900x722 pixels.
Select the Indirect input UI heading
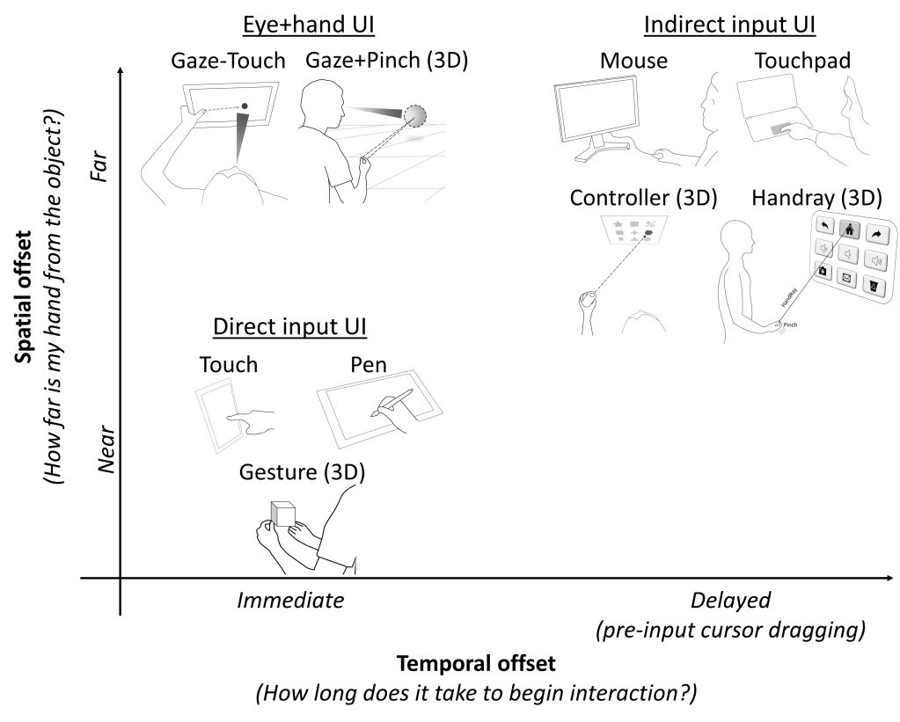point(729,25)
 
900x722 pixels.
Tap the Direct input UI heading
point(289,327)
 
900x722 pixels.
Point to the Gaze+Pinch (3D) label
point(386,61)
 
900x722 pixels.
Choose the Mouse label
point(633,61)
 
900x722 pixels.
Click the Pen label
point(369,364)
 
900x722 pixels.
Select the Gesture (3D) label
point(302,472)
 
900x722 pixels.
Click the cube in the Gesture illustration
point(282,514)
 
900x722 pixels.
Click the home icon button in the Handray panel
point(849,230)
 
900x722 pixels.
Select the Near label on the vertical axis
point(106,451)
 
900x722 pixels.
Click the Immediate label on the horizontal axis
point(289,601)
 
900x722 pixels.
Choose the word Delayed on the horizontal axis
point(730,601)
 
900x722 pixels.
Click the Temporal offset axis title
point(476,662)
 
